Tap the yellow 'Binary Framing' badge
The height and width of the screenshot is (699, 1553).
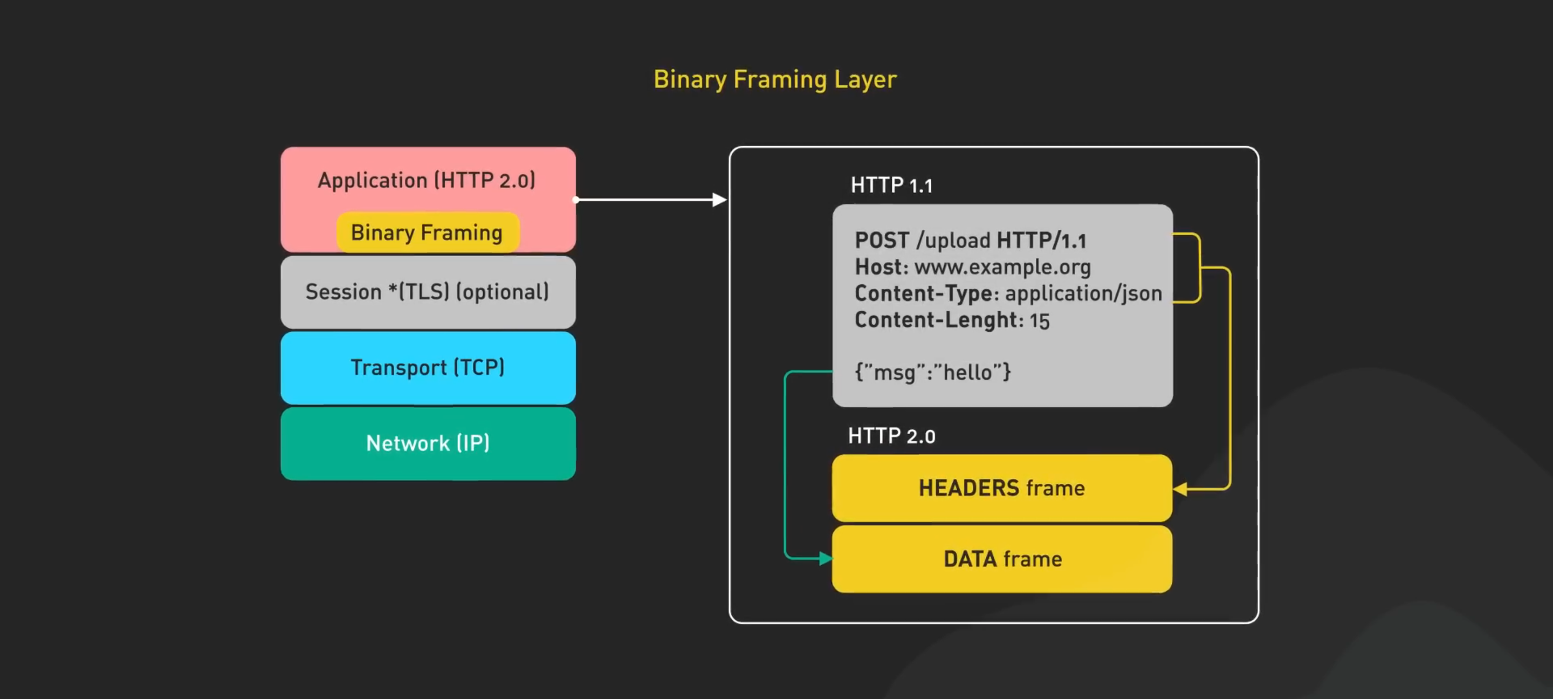[428, 232]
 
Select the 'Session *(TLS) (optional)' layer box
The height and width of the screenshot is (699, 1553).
[428, 292]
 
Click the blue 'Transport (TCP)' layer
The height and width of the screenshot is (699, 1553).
[428, 367]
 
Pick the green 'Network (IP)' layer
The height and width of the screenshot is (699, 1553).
[428, 443]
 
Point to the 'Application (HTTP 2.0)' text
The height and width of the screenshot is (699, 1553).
[427, 180]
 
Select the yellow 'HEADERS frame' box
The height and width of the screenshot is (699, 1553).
[1002, 488]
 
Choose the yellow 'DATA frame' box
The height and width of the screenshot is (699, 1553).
[1002, 559]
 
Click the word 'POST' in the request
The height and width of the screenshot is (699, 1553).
[882, 241]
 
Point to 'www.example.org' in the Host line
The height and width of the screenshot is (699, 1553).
[1002, 266]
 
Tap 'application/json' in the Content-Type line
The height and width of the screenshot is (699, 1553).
[1083, 293]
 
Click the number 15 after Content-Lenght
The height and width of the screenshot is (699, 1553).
[1039, 321]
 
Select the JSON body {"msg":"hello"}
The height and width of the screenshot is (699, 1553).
[933, 372]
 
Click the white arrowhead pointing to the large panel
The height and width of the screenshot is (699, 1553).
[720, 200]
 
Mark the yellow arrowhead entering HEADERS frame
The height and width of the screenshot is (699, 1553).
[1180, 489]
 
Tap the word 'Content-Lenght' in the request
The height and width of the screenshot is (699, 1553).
[937, 320]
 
